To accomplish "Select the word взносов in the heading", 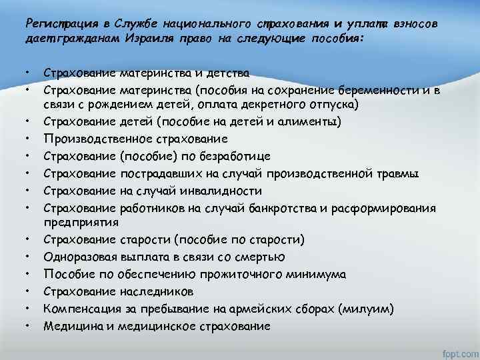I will (x=415, y=24).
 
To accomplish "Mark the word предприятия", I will (x=81, y=222).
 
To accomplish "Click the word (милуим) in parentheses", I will (x=365, y=308).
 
